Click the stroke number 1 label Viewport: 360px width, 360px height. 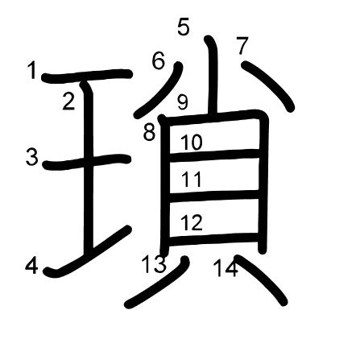32,70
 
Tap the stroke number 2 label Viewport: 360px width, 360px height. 68,101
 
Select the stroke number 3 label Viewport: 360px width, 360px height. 32,157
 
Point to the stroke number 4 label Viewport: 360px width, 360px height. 31,266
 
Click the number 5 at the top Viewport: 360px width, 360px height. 184,27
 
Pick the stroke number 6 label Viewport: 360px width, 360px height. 158,61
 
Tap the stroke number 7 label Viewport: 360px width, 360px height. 242,46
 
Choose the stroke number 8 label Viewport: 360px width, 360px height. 149,132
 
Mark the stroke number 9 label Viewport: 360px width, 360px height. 183,102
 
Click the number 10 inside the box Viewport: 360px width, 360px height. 192,142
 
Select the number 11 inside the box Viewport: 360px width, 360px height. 191,179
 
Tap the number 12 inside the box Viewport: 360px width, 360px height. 192,222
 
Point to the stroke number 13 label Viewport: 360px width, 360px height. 154,264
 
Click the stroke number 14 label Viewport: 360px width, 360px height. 226,268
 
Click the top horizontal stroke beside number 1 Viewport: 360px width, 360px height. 87,76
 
